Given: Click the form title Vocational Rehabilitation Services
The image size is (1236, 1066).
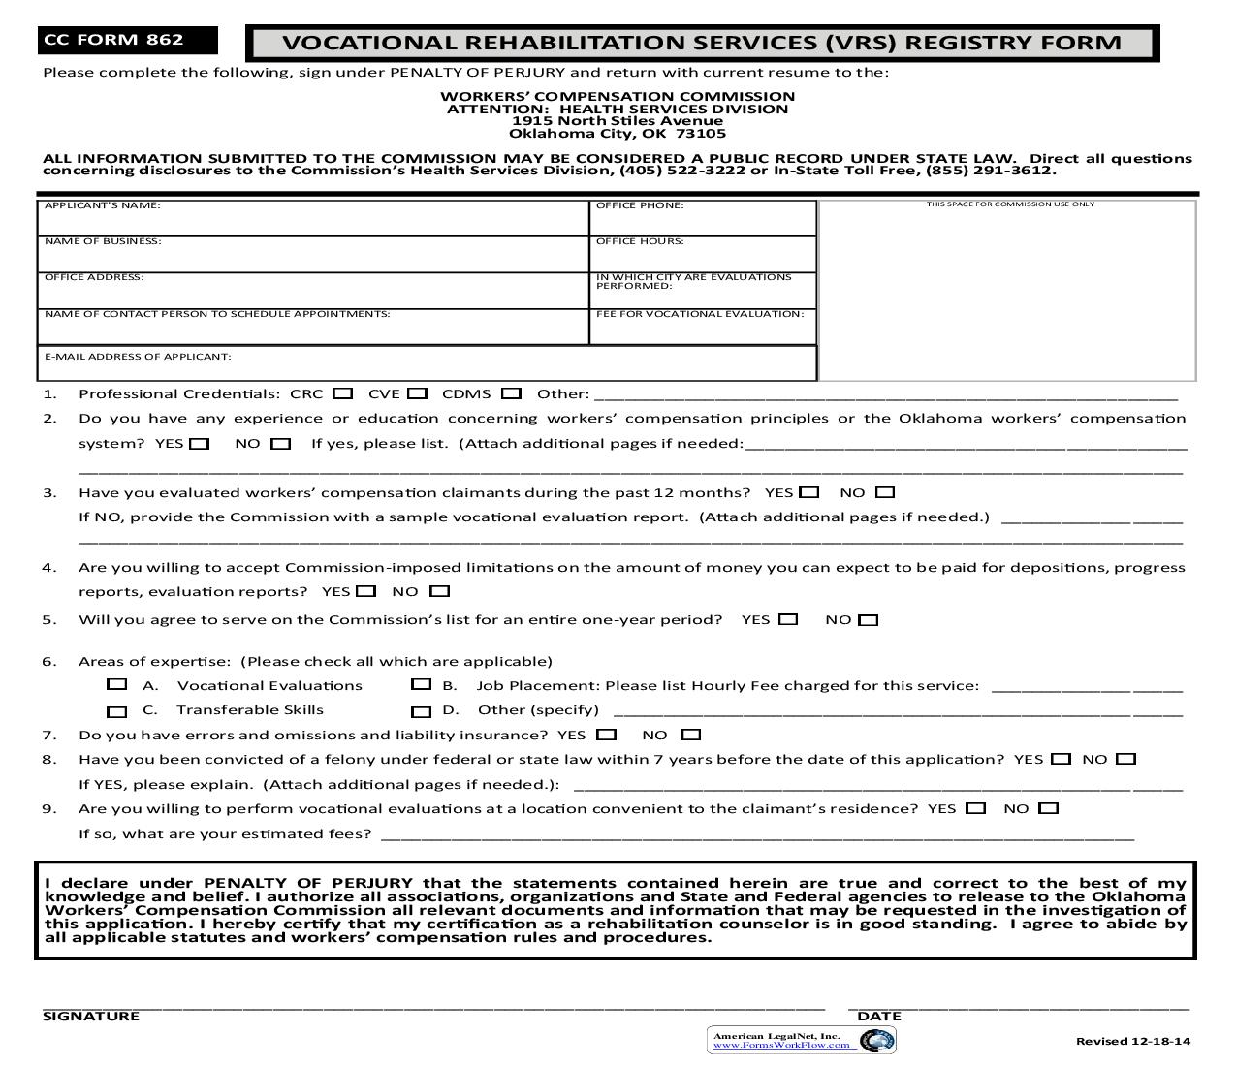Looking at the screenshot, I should (701, 43).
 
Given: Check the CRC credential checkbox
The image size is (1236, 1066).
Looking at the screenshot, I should (342, 393).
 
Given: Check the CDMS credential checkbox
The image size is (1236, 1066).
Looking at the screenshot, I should (512, 393).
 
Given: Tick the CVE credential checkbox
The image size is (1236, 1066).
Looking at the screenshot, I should (417, 393).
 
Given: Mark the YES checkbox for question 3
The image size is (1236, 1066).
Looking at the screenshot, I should (809, 492).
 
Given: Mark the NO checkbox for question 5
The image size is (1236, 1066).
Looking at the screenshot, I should (869, 620).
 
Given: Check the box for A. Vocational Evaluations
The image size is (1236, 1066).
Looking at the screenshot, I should (117, 685).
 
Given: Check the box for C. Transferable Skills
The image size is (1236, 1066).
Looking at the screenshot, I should (117, 711).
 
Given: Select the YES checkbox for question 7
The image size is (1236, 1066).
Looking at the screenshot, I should (607, 735).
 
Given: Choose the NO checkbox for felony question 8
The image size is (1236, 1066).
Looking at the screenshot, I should (1125, 759).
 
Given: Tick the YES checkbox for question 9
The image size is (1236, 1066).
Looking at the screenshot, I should (976, 808).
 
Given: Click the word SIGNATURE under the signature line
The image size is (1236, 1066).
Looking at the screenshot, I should (91, 1016).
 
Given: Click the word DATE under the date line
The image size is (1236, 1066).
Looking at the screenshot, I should (879, 1016).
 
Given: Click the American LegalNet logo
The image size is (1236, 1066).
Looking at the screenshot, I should (801, 1040).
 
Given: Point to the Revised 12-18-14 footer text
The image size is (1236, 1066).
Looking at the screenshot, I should (1132, 1041).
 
